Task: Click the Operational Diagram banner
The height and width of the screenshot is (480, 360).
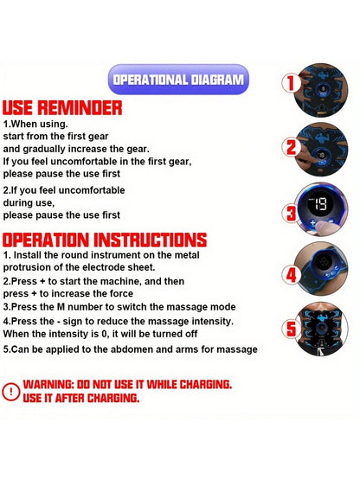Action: coord(178,80)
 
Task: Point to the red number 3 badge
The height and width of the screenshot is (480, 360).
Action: coord(291,214)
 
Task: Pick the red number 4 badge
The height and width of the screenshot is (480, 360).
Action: coord(291,274)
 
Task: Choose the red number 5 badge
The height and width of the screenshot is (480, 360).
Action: coord(291,329)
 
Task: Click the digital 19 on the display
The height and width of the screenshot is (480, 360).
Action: coord(319,204)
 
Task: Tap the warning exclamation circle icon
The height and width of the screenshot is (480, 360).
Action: coord(11,391)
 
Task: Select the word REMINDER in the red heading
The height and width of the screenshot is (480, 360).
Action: coord(80,107)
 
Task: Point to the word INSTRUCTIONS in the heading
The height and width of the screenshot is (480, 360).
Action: coord(150,240)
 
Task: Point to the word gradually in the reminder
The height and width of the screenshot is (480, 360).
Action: coord(44,150)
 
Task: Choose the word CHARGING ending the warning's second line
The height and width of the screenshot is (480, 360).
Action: coord(112,398)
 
